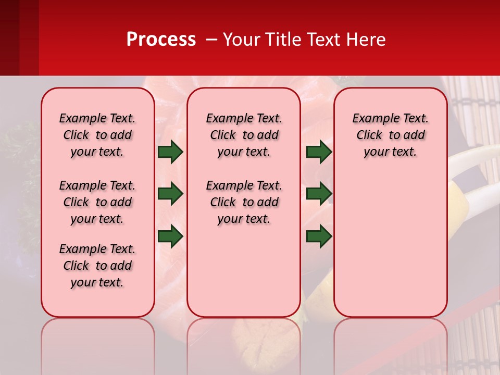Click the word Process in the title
point(161,39)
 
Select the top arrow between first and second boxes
point(170,152)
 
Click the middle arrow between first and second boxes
point(170,194)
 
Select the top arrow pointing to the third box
point(319,152)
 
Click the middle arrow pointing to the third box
point(319,194)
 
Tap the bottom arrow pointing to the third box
point(319,236)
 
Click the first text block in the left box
point(97,135)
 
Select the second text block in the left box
point(97,202)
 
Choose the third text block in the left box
point(97,266)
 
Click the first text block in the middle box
point(244,135)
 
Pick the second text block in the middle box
point(244,202)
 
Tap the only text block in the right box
point(390,135)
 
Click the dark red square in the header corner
point(19,37)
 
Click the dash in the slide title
point(211,40)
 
